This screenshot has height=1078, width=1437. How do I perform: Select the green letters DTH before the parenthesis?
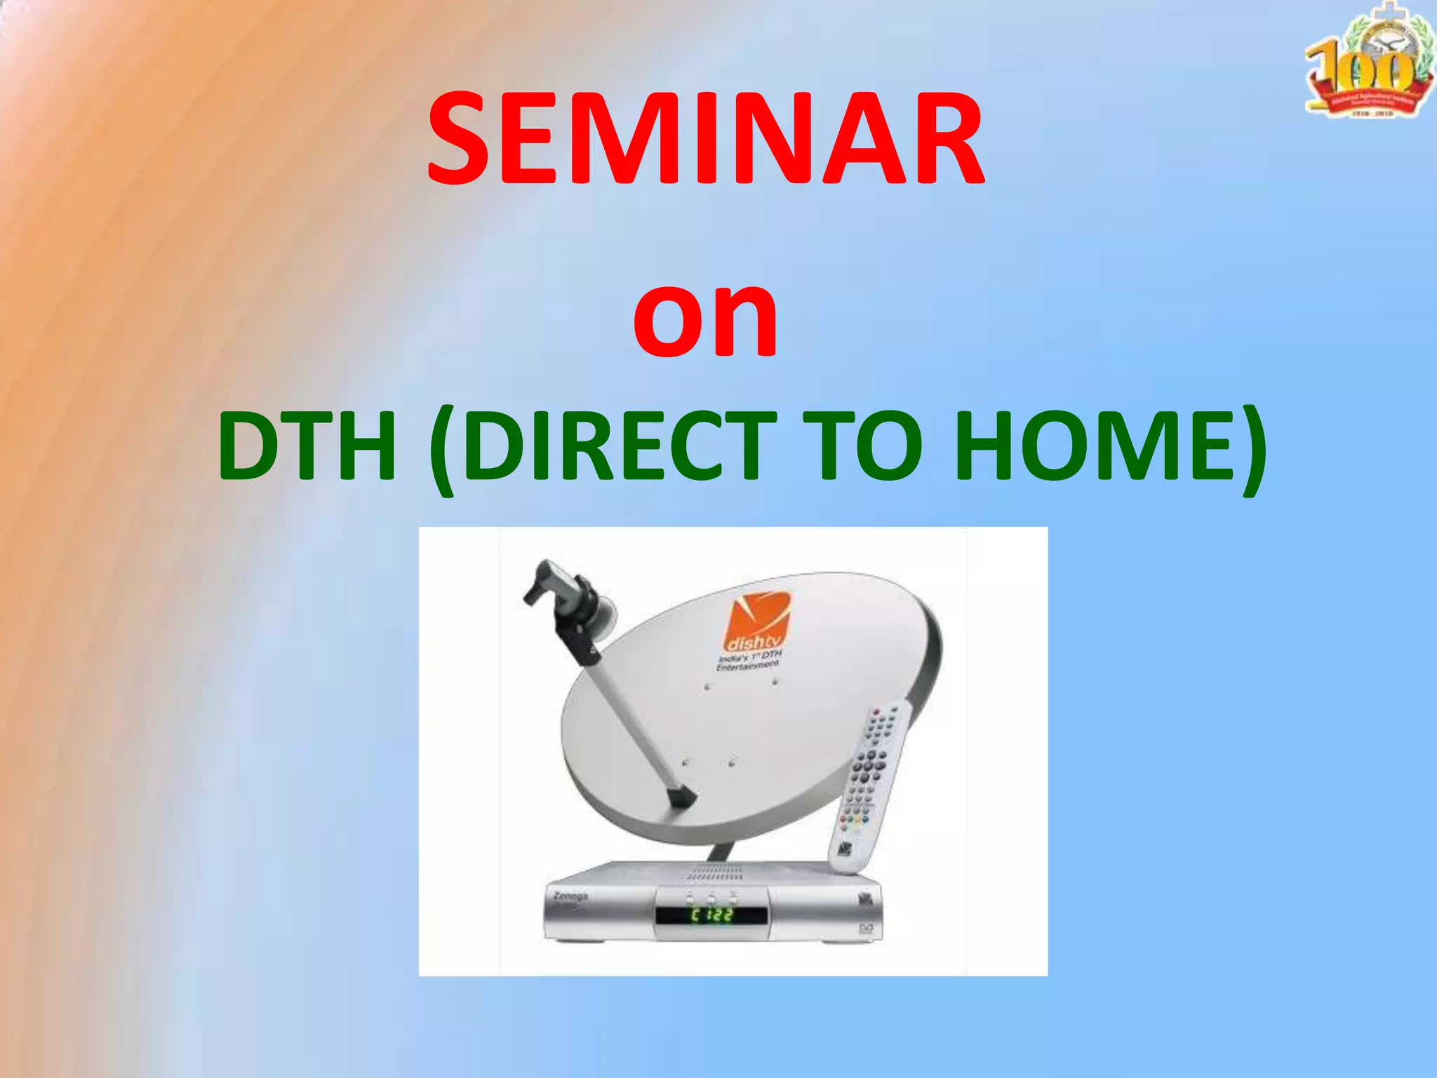click(307, 447)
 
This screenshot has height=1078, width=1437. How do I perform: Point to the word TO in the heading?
click(861, 447)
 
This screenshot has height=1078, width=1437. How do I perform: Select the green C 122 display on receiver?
click(711, 915)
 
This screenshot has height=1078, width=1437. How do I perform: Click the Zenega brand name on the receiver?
click(570, 896)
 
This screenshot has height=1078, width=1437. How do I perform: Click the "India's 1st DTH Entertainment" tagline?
click(749, 660)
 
